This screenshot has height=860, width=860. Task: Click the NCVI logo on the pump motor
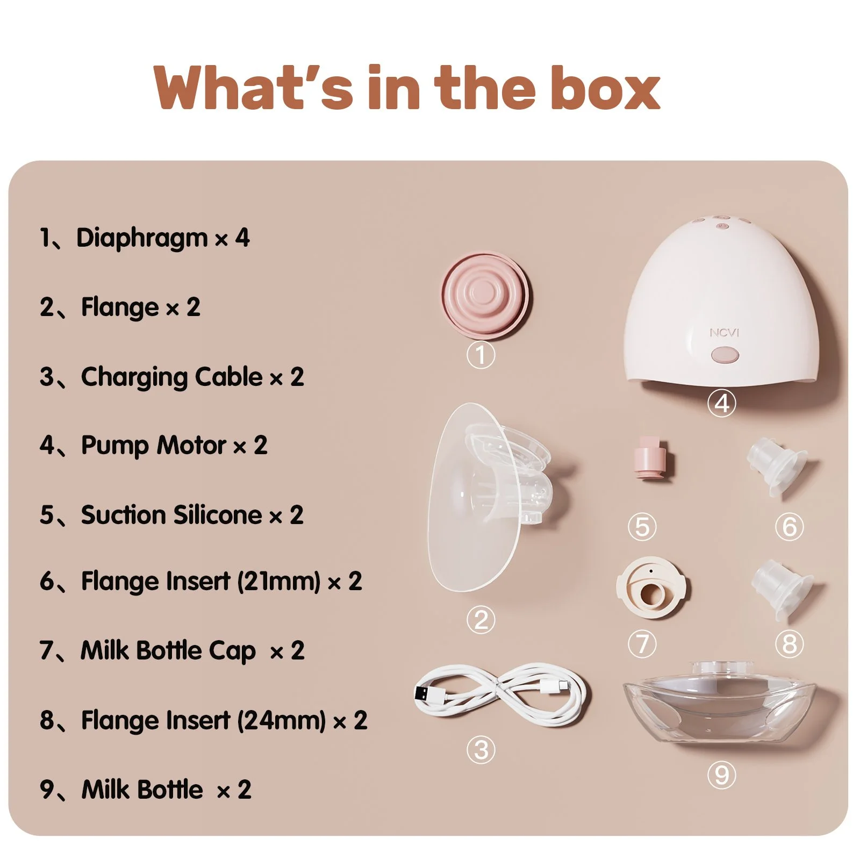724,333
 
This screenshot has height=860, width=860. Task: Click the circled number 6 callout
789,527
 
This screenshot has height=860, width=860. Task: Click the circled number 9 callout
721,775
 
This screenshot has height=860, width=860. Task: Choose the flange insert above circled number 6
777,467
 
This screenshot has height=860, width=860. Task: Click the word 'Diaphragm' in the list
142,238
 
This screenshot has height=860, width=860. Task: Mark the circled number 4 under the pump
721,403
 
